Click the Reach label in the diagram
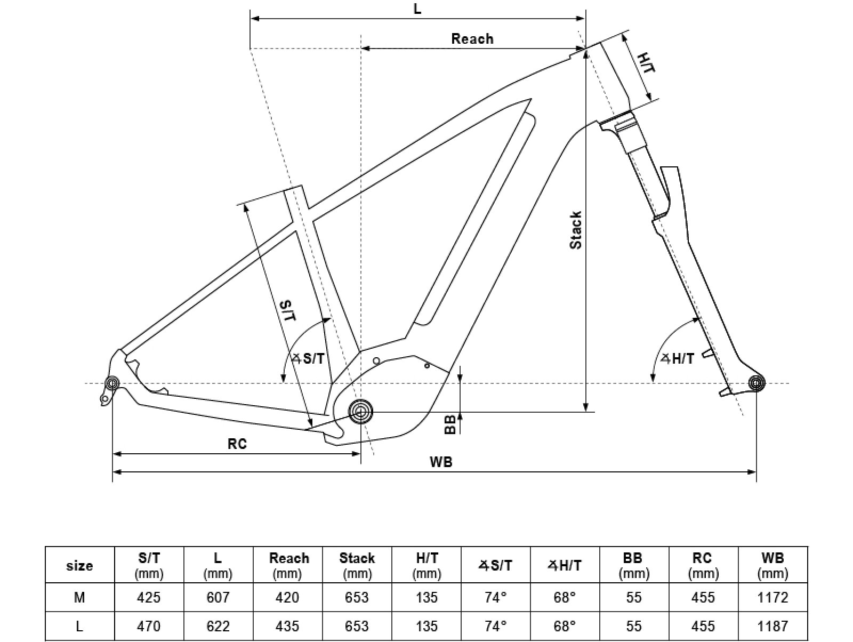tap(472, 39)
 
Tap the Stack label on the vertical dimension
tap(576, 230)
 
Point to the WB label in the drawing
tap(441, 462)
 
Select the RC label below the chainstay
tap(237, 444)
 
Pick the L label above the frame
tap(417, 9)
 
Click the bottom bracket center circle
tap(361, 412)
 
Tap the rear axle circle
tap(112, 383)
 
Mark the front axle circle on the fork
tap(757, 383)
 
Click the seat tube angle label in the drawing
tap(309, 358)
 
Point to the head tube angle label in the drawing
tap(678, 359)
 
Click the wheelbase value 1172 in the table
tap(772, 597)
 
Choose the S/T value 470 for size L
tap(149, 626)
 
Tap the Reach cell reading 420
tap(287, 597)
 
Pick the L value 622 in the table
tap(218, 626)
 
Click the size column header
tap(79, 565)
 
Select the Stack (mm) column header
tap(357, 565)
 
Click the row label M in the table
tap(79, 597)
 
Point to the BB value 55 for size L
tap(634, 626)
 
